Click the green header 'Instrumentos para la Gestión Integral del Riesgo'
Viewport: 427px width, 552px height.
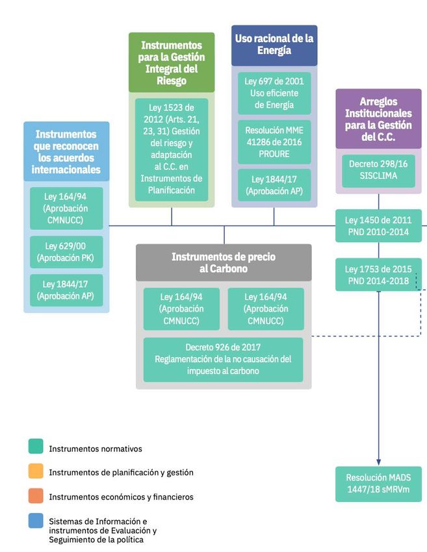[172, 62]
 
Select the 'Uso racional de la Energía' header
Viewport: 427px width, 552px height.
[274, 45]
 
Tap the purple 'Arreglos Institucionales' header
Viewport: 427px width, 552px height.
[378, 119]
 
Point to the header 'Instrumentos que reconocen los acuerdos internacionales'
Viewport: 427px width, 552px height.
[66, 151]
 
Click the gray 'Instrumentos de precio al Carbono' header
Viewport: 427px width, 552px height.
[224, 262]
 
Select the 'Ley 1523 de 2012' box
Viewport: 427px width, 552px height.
[172, 149]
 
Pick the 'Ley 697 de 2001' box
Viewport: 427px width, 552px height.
[274, 93]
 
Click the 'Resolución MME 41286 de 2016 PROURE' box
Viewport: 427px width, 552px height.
[274, 141]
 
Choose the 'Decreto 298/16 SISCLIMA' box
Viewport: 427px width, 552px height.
[378, 170]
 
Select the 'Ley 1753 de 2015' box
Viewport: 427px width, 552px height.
[378, 274]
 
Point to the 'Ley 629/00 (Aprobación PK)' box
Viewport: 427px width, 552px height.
[66, 252]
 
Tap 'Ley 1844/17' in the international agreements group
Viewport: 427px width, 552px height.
[66, 290]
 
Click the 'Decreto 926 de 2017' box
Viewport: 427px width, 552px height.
[224, 359]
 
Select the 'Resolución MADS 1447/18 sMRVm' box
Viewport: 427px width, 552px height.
[378, 484]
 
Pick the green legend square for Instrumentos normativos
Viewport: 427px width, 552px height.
[36, 447]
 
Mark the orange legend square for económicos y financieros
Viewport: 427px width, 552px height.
[36, 496]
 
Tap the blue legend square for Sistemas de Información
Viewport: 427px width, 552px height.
[36, 521]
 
